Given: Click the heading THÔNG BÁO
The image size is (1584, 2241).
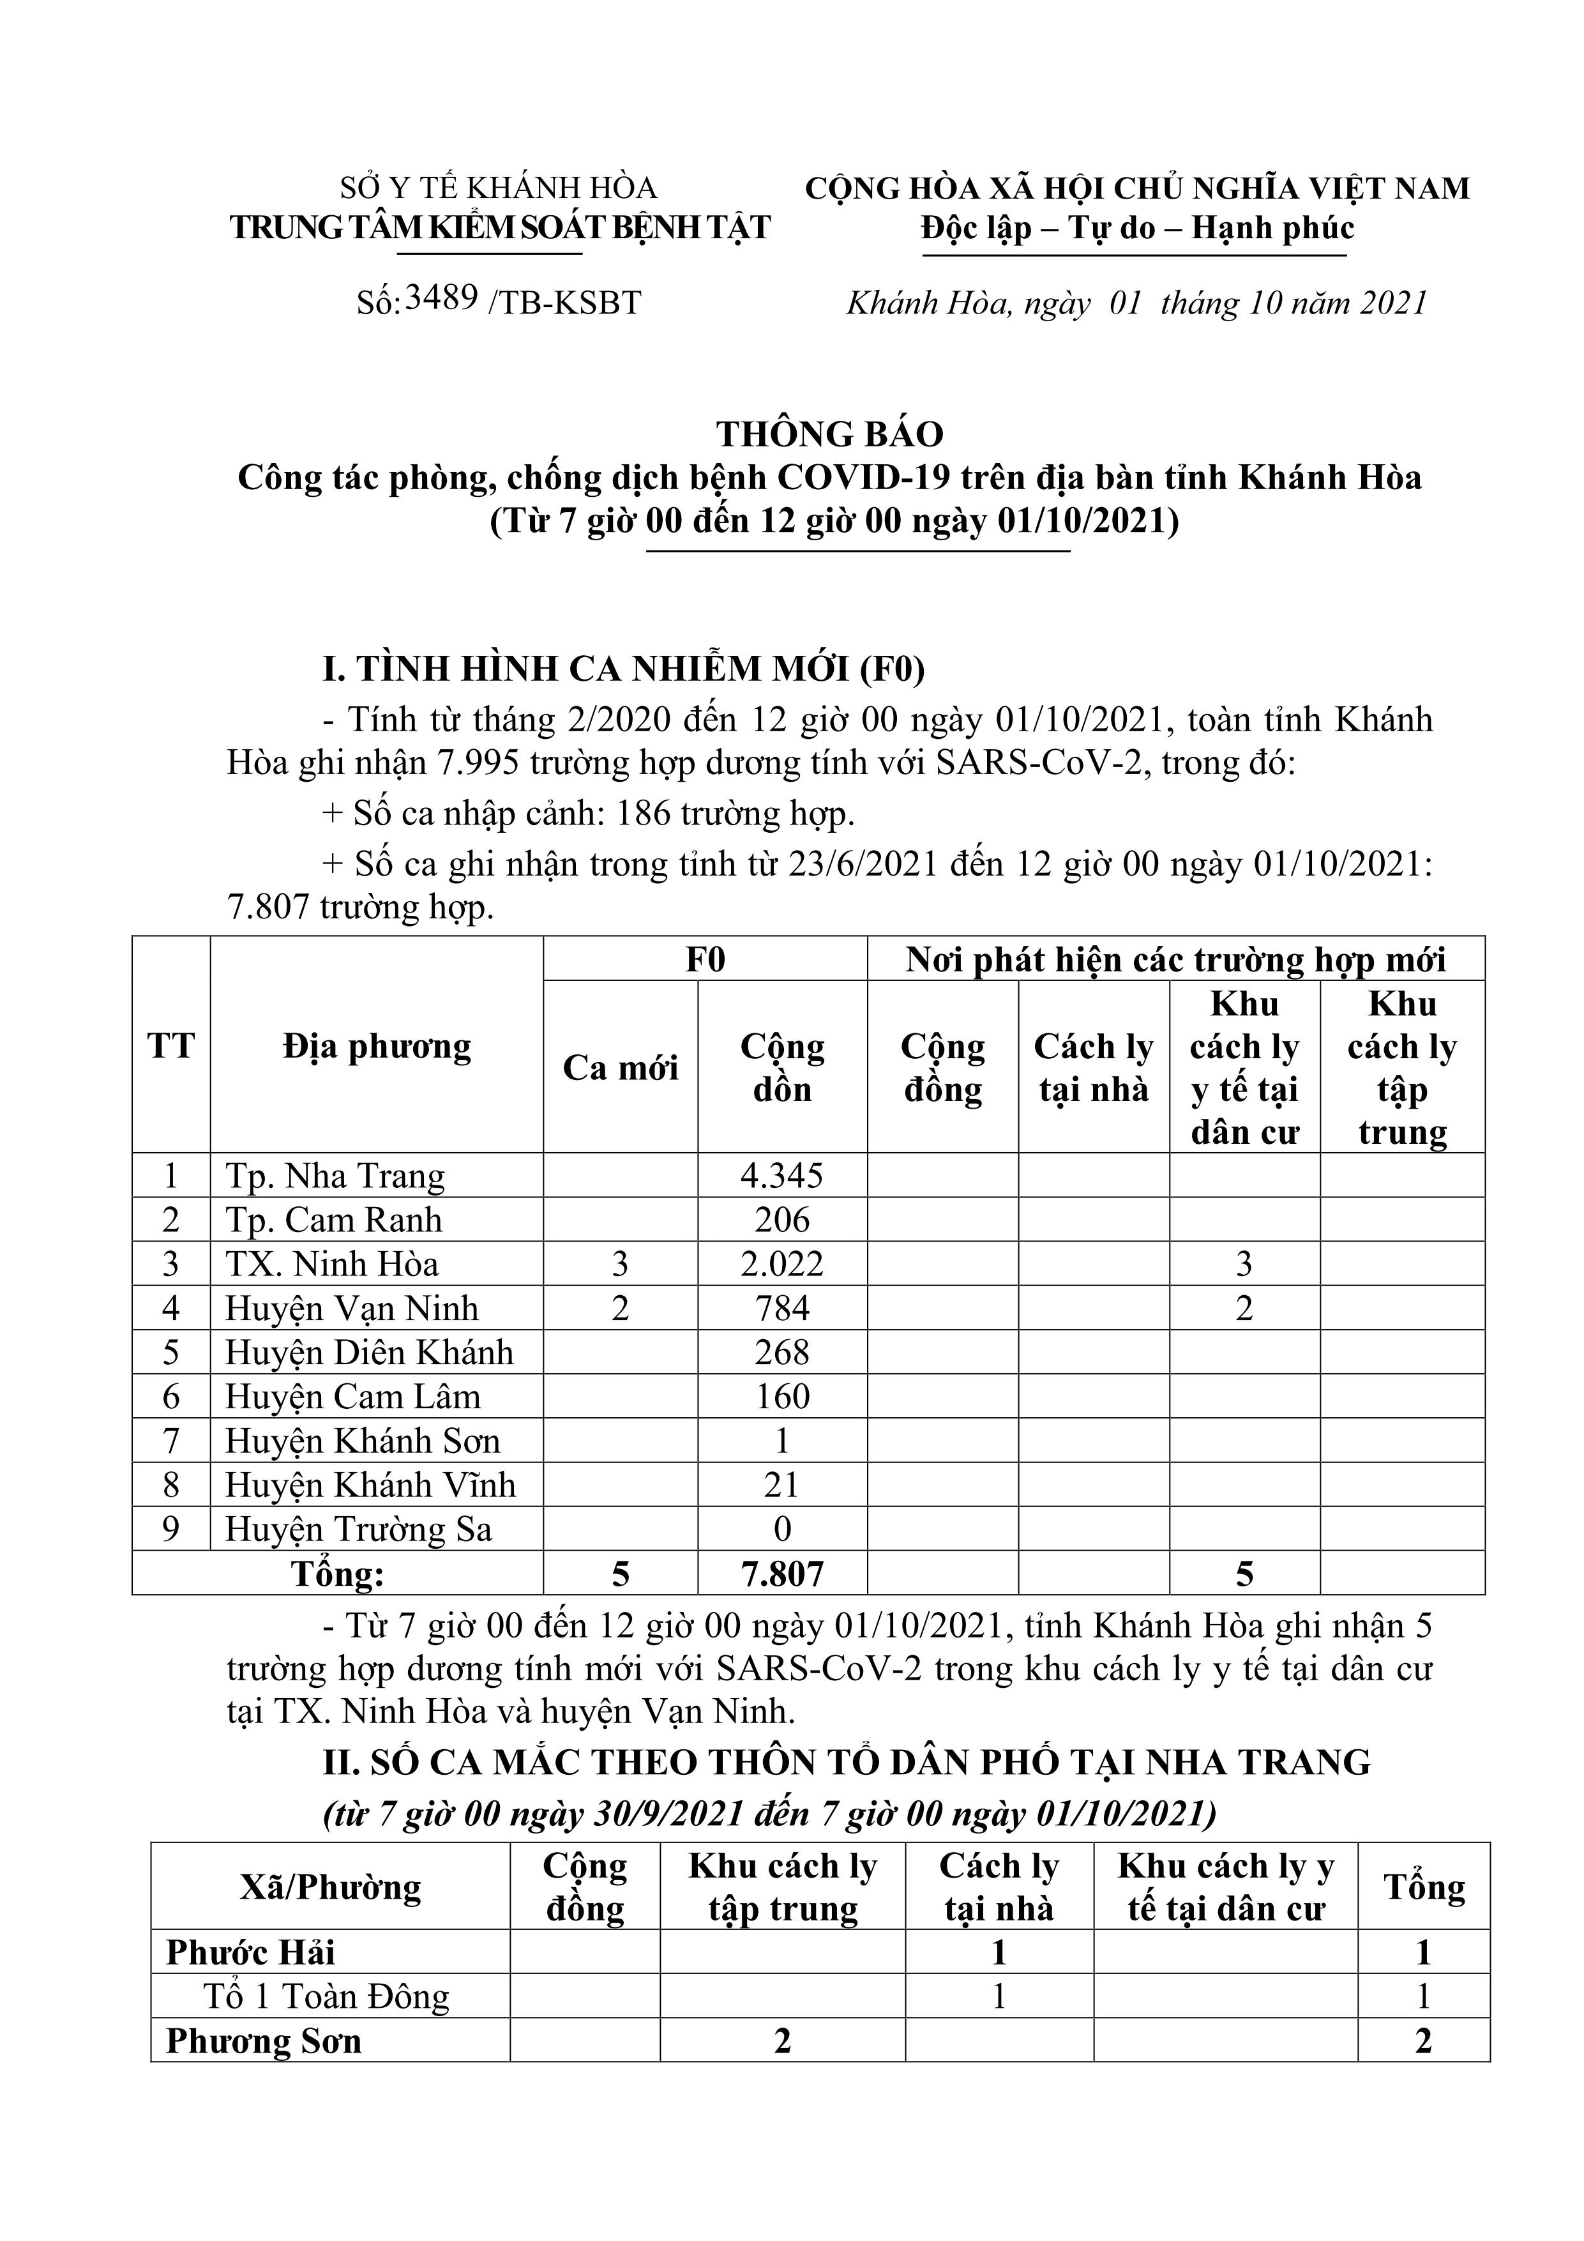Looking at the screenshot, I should pyautogui.click(x=829, y=434).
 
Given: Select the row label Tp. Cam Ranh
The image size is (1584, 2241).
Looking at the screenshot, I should pyautogui.click(x=334, y=1220).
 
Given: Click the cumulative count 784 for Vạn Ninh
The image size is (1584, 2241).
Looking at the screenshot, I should pyautogui.click(x=781, y=1308).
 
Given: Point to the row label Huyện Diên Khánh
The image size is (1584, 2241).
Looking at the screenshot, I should pyautogui.click(x=369, y=1353).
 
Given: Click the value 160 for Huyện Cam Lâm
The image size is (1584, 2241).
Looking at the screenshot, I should pyautogui.click(x=781, y=1397).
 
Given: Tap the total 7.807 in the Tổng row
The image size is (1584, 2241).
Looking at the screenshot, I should pyautogui.click(x=781, y=1574).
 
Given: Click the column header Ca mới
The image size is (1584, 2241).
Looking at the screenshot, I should pyautogui.click(x=620, y=1068).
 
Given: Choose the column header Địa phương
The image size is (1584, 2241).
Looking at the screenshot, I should pyautogui.click(x=377, y=1046).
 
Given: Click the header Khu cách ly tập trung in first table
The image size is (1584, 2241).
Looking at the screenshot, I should pyautogui.click(x=1401, y=1068).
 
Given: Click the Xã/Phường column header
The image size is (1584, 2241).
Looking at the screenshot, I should pyautogui.click(x=330, y=1888).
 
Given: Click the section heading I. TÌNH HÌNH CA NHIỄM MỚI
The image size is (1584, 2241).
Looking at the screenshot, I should pyautogui.click(x=624, y=669).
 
